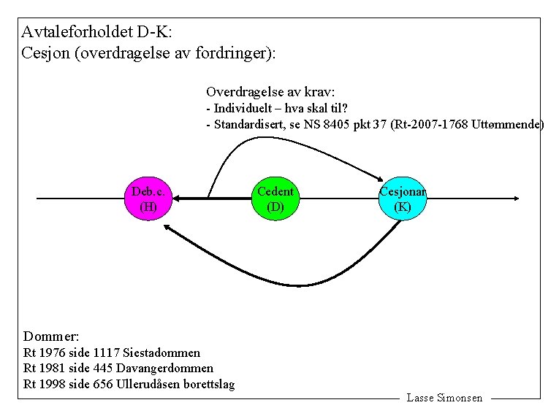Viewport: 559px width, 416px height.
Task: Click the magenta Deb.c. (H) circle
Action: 148,199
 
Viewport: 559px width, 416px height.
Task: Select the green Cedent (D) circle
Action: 275,199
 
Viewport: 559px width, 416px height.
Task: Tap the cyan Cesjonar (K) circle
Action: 402,199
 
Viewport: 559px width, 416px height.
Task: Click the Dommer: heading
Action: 51,336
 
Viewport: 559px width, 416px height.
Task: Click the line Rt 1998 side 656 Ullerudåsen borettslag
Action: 129,384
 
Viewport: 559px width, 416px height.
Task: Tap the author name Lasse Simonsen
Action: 444,398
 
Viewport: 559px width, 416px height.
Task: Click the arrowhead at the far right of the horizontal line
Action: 516,199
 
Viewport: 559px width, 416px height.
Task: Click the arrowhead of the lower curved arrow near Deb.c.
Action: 167,228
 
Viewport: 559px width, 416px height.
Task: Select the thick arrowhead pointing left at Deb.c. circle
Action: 178,199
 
